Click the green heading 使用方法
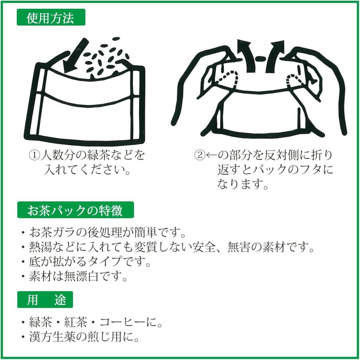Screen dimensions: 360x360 (50, 19)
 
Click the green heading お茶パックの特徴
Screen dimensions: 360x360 (75, 210)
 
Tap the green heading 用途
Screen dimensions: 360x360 (45, 300)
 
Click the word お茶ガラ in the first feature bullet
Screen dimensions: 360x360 (52, 232)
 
